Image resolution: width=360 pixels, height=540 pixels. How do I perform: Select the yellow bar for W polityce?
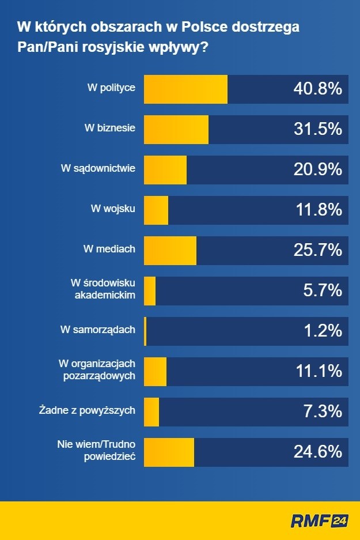(x=185, y=89)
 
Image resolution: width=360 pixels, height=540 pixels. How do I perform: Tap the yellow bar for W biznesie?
(x=176, y=129)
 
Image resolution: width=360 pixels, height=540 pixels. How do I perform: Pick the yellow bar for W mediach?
(x=169, y=250)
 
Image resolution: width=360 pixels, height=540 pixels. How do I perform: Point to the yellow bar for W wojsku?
(x=156, y=210)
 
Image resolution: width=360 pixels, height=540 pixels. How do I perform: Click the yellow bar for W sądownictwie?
(x=165, y=169)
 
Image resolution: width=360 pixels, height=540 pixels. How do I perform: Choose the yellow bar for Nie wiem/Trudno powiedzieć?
(x=168, y=452)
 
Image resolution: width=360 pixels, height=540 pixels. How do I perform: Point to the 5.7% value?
(x=323, y=290)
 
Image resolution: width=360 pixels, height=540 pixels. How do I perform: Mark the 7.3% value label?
(x=323, y=411)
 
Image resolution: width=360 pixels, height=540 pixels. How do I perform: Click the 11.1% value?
(x=319, y=371)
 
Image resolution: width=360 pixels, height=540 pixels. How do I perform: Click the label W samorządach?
(x=97, y=330)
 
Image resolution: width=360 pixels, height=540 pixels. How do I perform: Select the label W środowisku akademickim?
(x=103, y=289)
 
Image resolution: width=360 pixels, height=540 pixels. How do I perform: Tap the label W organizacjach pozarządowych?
(x=97, y=369)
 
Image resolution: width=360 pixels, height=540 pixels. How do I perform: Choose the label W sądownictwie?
(x=98, y=168)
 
